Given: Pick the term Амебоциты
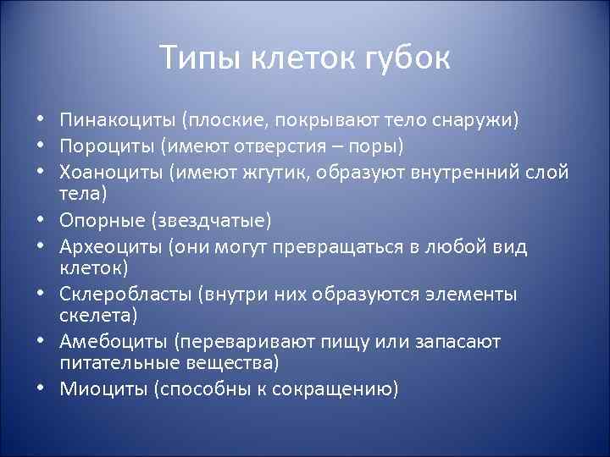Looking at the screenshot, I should coord(114,341).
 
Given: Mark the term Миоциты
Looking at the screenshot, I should coord(100,389).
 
